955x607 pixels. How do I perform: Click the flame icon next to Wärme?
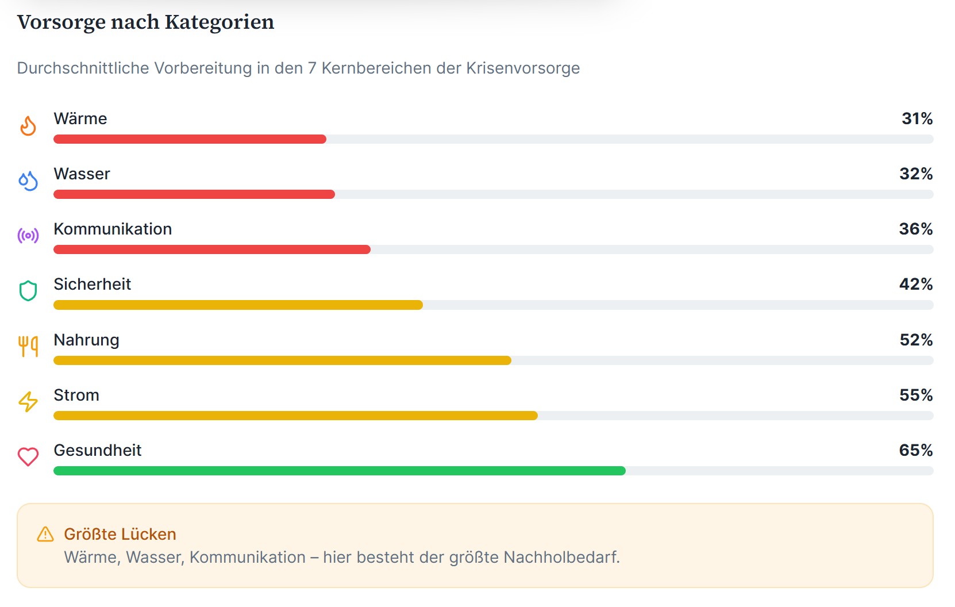pyautogui.click(x=28, y=126)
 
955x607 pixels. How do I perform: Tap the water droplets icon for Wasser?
pyautogui.click(x=28, y=181)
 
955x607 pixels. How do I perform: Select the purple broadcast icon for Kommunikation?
pyautogui.click(x=28, y=236)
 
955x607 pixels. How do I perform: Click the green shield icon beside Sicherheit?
pyautogui.click(x=28, y=291)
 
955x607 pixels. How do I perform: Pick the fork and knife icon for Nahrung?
pyautogui.click(x=28, y=346)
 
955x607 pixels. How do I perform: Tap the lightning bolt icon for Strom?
pyautogui.click(x=28, y=401)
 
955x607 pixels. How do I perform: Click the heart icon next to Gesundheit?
pyautogui.click(x=28, y=457)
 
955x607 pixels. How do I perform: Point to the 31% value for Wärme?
pyautogui.click(x=917, y=119)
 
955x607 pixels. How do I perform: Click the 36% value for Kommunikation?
pyautogui.click(x=916, y=229)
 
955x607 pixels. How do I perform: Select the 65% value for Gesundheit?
pyautogui.click(x=916, y=451)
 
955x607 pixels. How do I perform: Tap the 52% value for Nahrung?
pyautogui.click(x=916, y=340)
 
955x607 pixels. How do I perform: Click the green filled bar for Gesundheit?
pyautogui.click(x=339, y=471)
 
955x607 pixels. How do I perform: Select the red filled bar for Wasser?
pyautogui.click(x=194, y=194)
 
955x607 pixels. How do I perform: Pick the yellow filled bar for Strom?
pyautogui.click(x=295, y=416)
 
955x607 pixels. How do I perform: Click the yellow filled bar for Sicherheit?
pyautogui.click(x=238, y=305)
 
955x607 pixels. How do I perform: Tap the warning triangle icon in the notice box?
pyautogui.click(x=45, y=535)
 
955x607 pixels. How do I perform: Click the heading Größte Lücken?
pyautogui.click(x=120, y=535)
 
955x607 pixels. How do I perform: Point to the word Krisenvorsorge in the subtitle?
pyautogui.click(x=522, y=68)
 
